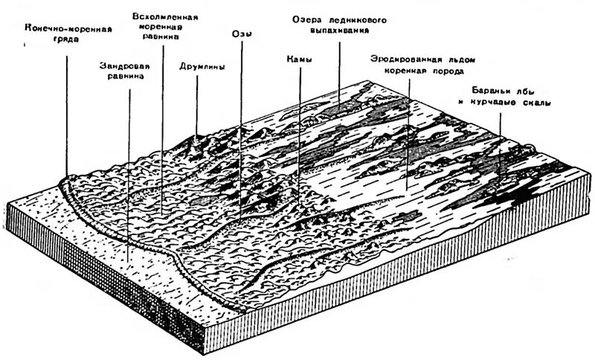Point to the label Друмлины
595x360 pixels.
202,65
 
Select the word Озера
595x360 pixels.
305,19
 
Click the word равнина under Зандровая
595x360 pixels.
125,75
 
